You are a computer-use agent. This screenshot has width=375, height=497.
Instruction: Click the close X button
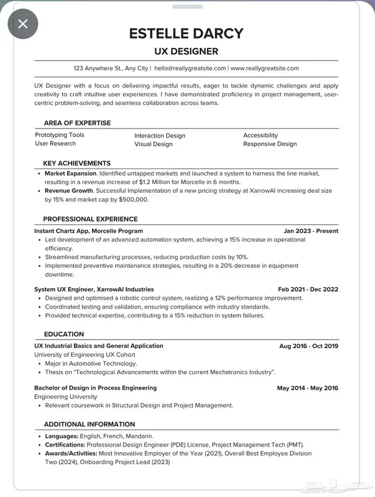(22, 24)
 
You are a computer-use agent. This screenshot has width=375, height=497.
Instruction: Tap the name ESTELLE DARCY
(186, 33)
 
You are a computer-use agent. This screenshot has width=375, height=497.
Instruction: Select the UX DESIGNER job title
(186, 51)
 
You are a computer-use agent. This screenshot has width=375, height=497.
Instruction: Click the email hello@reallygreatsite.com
(190, 69)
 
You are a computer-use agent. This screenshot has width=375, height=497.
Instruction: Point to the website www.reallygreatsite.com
(265, 69)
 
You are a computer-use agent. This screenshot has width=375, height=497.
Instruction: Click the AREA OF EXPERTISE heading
(77, 123)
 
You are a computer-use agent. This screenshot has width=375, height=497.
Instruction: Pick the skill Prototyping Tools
(59, 135)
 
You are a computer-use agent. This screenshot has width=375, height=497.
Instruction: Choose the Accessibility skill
(260, 135)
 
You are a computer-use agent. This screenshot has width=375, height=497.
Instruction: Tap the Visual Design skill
(153, 144)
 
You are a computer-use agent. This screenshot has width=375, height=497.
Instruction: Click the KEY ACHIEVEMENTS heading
(77, 163)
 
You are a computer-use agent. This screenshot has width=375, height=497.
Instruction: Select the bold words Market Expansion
(70, 174)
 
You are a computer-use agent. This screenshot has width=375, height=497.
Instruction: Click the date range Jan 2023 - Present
(311, 231)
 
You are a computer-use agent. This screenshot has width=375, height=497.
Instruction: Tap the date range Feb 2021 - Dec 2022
(307, 289)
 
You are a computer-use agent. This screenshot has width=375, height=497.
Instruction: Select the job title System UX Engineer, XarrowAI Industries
(94, 289)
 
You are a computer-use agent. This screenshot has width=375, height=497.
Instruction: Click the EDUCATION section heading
(64, 334)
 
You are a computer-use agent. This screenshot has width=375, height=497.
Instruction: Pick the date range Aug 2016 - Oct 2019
(309, 346)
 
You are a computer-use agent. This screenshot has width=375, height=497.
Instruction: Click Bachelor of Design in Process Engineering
(95, 388)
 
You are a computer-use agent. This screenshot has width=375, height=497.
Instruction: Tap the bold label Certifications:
(65, 445)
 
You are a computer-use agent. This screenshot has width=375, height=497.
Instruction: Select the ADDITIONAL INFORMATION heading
(89, 424)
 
